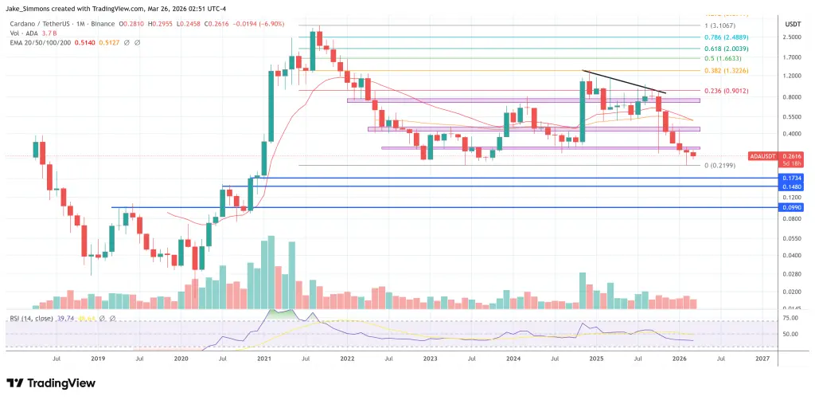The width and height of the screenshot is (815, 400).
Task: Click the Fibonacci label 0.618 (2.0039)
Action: (x=719, y=48)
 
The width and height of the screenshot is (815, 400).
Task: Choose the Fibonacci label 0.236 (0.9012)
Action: (x=719, y=90)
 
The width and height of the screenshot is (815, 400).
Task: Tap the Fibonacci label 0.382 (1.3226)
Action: (x=719, y=70)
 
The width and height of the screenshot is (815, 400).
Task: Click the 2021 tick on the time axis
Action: (x=263, y=359)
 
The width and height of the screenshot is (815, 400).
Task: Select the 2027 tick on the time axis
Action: (x=761, y=359)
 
